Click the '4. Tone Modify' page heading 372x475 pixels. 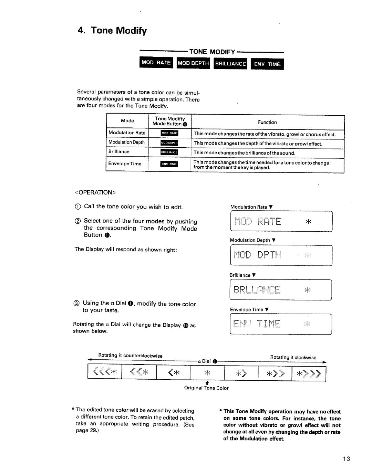tap(112, 31)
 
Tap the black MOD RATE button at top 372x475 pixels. tap(156, 63)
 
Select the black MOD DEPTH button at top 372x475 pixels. tap(193, 63)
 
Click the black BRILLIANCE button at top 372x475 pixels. tap(230, 64)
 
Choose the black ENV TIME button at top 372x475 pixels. tap(267, 64)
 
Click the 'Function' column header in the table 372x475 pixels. tap(267, 122)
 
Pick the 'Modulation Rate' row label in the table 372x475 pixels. tap(127, 133)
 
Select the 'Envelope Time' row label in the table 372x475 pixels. tap(125, 164)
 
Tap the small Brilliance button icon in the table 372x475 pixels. tap(169, 152)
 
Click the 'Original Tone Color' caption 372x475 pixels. tap(206, 388)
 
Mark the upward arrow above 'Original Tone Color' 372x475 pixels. tap(207, 382)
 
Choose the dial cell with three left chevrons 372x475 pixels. tap(105, 372)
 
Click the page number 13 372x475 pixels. tap(347, 458)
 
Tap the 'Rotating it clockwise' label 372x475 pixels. tap(293, 358)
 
